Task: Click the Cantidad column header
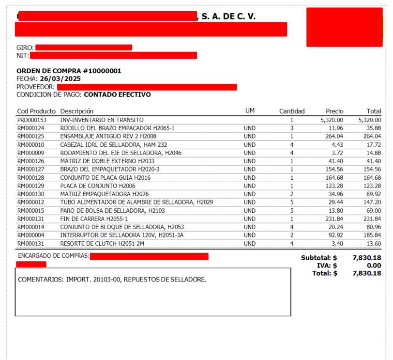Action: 292,111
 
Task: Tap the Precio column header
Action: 334,111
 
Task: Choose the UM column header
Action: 250,111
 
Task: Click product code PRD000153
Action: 32,120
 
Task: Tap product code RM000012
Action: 31,202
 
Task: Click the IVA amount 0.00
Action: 373,266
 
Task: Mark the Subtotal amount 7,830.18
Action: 367,258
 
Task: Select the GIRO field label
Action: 25,47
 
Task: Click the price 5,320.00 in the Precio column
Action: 332,120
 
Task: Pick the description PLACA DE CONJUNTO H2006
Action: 98,186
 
